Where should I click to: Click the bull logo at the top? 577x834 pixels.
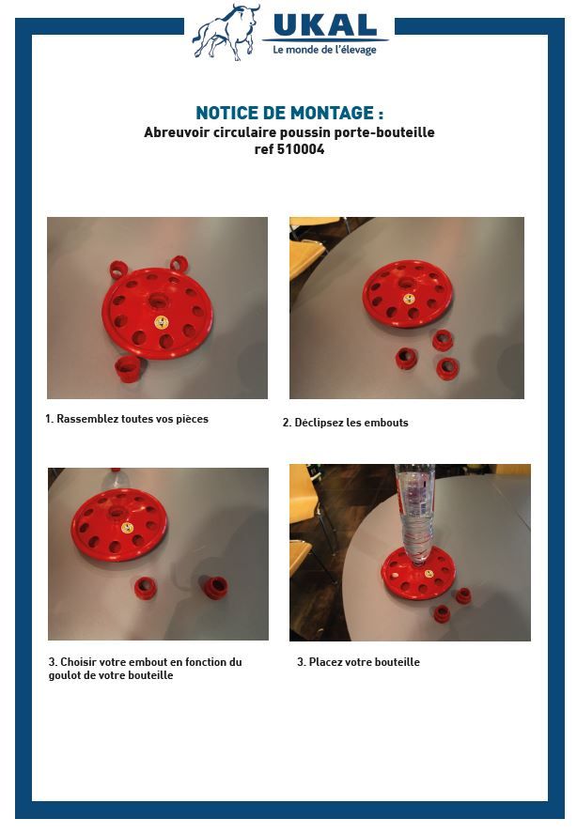[x=226, y=32]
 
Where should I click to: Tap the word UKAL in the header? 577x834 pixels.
[x=325, y=25]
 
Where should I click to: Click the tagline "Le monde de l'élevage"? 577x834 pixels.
[x=324, y=50]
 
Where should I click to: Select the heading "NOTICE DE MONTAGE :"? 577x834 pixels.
[x=289, y=113]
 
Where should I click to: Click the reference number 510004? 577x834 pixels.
[x=301, y=149]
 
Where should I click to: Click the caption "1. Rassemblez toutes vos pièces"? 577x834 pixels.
[x=127, y=419]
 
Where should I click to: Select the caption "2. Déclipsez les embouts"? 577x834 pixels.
[x=346, y=423]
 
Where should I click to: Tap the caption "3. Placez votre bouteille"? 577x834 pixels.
[x=358, y=662]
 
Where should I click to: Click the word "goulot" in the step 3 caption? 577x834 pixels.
[x=65, y=675]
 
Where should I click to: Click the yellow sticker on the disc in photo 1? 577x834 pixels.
[x=162, y=322]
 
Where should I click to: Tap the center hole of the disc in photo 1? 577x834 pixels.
[x=157, y=301]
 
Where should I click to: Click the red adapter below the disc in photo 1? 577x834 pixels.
[x=129, y=368]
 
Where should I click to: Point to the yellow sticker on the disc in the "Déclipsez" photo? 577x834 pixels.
[x=409, y=299]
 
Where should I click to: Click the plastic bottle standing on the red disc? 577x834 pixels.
[x=414, y=515]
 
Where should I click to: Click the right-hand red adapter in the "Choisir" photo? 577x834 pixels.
[x=216, y=587]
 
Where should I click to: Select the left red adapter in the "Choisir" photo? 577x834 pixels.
[x=145, y=588]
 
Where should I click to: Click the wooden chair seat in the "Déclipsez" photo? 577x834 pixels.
[x=307, y=261]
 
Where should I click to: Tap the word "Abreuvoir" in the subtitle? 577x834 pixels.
[x=176, y=131]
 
